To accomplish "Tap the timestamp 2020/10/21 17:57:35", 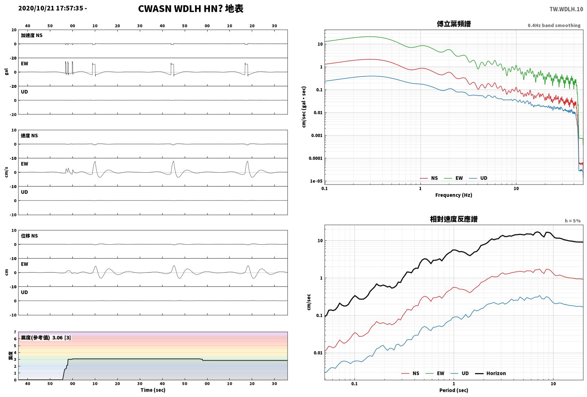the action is coord(51,8).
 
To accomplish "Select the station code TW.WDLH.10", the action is coord(566,9).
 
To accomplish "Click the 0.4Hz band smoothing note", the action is coord(554,25).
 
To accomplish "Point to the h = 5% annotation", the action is coord(573,221).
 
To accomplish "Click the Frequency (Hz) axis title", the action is coord(454,195).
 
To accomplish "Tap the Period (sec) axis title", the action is coord(454,390).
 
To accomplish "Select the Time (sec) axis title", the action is coord(153,390).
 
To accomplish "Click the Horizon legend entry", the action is coord(491,373).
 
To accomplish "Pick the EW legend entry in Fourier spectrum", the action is coord(454,178).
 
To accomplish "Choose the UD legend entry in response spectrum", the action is coord(460,373).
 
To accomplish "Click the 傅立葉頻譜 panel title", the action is coord(454,24).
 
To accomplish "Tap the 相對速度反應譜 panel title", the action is coord(454,219).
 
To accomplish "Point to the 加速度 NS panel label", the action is coord(32,35).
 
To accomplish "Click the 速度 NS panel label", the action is coord(29,136).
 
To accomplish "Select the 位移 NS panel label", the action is coord(29,236).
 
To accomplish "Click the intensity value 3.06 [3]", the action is coord(62,337).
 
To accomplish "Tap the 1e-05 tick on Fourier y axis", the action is coord(316,181).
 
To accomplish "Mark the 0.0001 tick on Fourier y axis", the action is coord(316,158).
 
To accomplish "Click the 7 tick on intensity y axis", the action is coord(15,332).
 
